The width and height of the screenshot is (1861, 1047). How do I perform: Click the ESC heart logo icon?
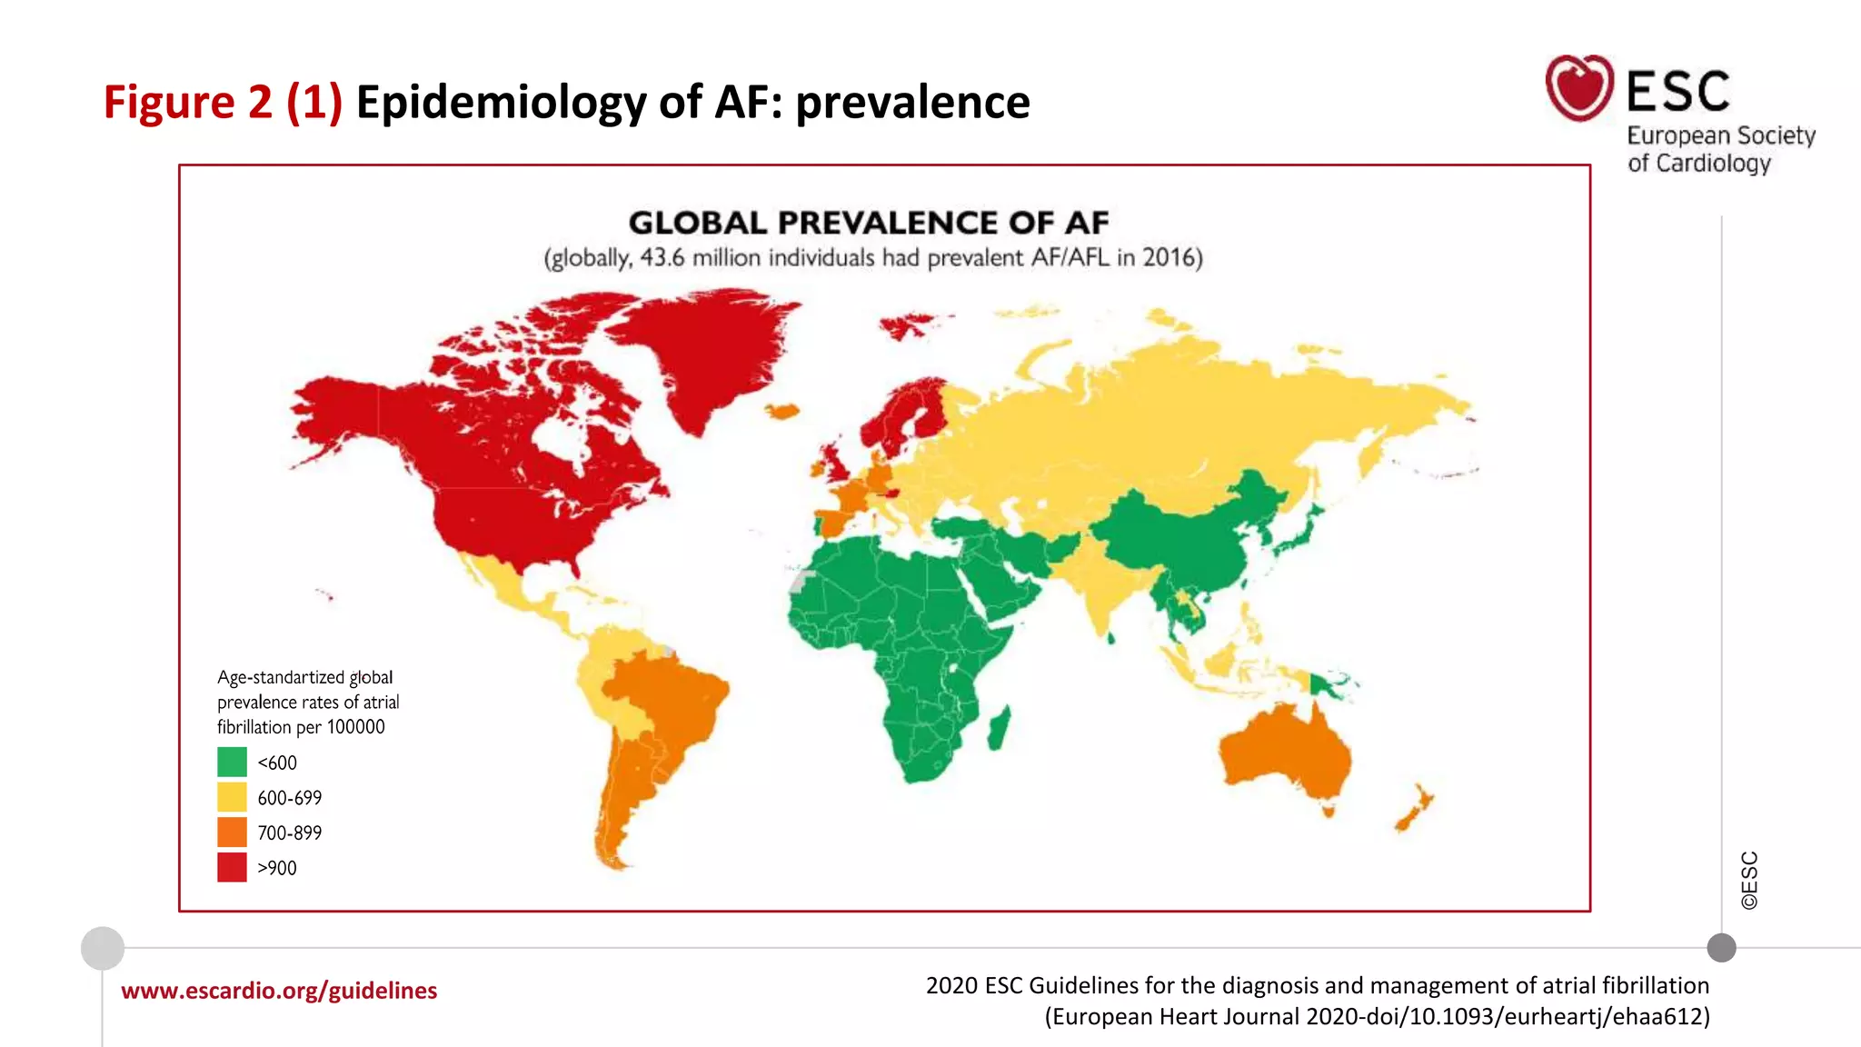pos(1579,87)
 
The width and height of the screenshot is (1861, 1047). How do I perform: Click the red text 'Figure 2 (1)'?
pos(223,102)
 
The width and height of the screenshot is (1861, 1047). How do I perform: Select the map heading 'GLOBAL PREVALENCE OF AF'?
pos(868,223)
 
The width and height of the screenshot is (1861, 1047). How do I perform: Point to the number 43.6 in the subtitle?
pos(662,258)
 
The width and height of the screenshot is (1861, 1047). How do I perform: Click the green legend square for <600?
pos(232,762)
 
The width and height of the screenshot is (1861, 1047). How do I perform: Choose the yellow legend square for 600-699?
pos(232,797)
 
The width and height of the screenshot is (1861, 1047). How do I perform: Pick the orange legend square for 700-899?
pos(232,832)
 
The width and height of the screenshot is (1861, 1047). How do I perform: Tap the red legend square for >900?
pos(232,867)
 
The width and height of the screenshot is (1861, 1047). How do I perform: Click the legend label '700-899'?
pos(289,833)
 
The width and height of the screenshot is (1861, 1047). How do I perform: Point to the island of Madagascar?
pos(1000,729)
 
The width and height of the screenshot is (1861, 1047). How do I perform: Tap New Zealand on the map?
pos(1413,809)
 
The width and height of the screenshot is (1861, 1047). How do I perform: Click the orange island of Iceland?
pos(782,412)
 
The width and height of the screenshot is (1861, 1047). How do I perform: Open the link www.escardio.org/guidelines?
pos(279,991)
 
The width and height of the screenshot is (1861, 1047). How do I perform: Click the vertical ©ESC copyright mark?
pos(1749,880)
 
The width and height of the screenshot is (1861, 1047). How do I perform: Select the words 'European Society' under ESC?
pos(1720,135)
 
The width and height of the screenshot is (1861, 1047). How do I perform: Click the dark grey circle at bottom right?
pos(1721,948)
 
